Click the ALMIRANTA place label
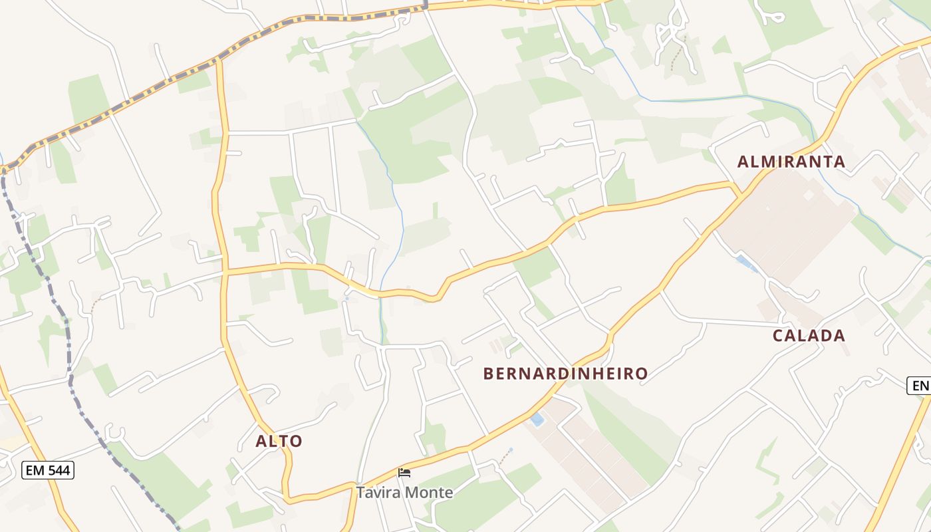(791, 162)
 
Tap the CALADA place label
(809, 336)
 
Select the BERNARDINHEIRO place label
(565, 374)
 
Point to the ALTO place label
(279, 441)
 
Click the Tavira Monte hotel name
(404, 493)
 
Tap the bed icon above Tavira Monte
(404, 473)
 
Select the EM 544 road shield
(47, 471)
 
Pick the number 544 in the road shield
(58, 471)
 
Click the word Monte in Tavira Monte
(430, 493)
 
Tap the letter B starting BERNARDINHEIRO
(488, 374)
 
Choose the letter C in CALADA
(779, 336)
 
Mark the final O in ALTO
(296, 441)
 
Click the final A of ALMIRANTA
(839, 162)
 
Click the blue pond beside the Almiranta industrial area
(745, 263)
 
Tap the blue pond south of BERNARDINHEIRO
(537, 420)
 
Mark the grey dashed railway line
(70, 372)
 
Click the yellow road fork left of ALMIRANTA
(736, 190)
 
